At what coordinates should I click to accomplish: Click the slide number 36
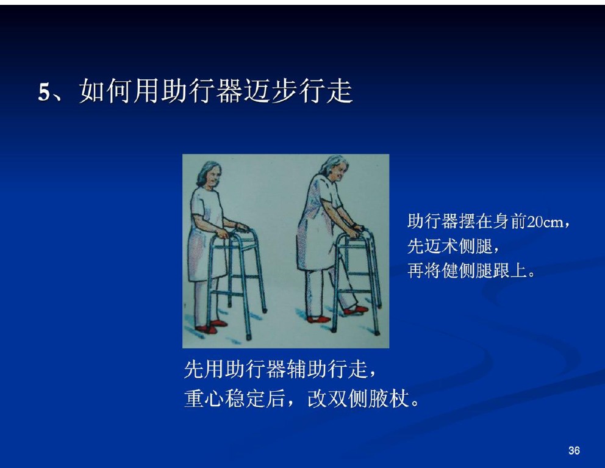tap(574, 450)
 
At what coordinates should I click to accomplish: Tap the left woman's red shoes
tap(211, 326)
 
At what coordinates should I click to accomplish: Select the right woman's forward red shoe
tap(356, 310)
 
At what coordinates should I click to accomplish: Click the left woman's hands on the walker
tap(232, 231)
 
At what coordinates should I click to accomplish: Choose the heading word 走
tap(339, 92)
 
